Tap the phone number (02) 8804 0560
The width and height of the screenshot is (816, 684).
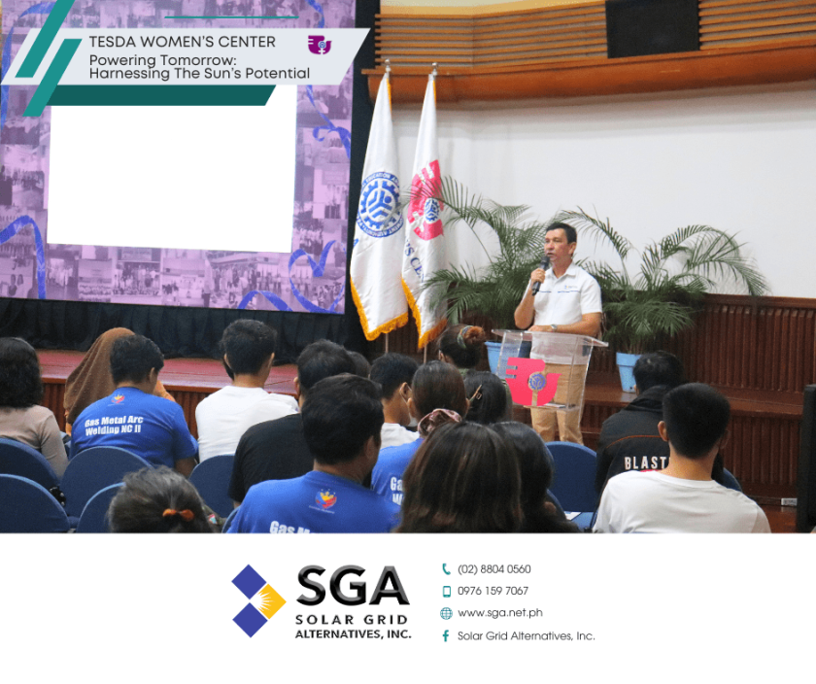point(493,569)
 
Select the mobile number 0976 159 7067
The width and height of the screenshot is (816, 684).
point(493,591)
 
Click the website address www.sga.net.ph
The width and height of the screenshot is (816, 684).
point(499,613)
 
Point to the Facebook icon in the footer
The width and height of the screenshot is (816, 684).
point(446,635)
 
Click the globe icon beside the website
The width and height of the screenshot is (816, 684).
point(446,613)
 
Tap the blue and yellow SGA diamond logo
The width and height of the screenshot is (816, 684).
point(257,600)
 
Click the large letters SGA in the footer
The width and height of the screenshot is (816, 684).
point(352,587)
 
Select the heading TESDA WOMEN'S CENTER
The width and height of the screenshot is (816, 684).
point(182,42)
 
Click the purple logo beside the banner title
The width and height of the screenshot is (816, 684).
point(319,45)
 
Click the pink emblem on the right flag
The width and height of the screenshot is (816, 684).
point(426,200)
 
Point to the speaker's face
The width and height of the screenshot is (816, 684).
point(561,247)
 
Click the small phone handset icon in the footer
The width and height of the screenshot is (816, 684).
point(446,569)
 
